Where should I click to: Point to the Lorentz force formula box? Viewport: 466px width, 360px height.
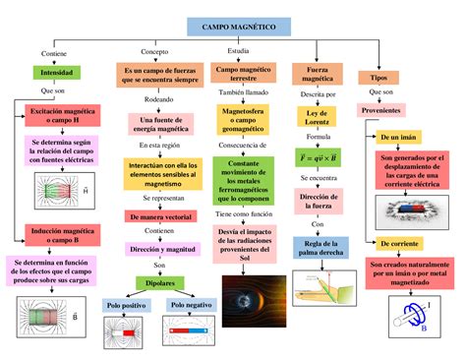[318, 156]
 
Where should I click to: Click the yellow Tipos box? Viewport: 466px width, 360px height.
[378, 76]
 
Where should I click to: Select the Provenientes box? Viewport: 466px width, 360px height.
[380, 111]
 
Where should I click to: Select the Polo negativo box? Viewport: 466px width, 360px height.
[191, 306]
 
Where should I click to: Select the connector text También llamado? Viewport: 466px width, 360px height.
[244, 91]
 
